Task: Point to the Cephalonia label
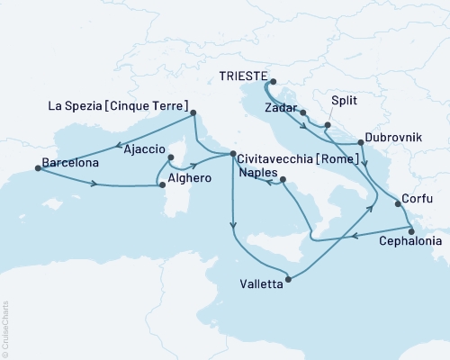(411, 242)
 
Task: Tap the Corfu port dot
(397, 205)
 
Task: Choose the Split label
(345, 103)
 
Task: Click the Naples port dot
(283, 181)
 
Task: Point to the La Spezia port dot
(195, 113)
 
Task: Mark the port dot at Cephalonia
(411, 230)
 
